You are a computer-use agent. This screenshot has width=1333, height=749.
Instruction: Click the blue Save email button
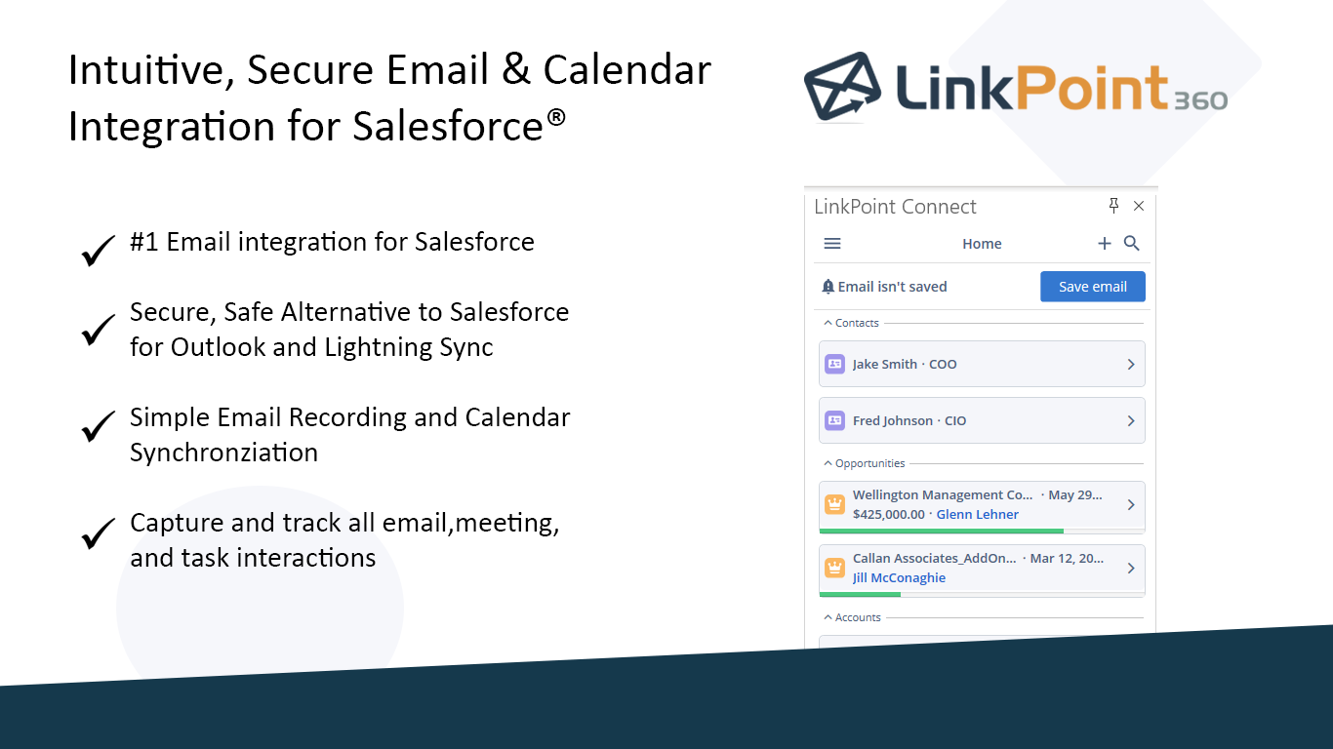(x=1093, y=287)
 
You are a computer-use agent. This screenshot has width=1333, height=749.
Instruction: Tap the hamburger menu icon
(x=832, y=243)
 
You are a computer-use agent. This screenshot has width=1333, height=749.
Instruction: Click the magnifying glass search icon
(x=1131, y=243)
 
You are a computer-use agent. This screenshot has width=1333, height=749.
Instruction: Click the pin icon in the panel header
(x=1113, y=206)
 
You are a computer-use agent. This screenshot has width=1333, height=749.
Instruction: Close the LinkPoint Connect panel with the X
(x=1139, y=206)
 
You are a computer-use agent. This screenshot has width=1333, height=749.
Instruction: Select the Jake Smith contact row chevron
(x=1131, y=364)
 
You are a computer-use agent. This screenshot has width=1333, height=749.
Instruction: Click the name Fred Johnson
(x=893, y=420)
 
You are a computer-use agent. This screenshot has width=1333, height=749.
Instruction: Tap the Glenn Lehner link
(x=977, y=514)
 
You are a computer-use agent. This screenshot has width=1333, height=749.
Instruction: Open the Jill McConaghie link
(x=899, y=577)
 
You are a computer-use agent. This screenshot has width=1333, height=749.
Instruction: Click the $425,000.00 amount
(x=888, y=514)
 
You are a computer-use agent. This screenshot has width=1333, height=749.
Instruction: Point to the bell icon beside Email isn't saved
(x=828, y=287)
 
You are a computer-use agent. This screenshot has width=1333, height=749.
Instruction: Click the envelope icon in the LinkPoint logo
(x=842, y=86)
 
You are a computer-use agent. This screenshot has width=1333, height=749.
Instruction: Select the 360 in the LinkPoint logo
(x=1201, y=100)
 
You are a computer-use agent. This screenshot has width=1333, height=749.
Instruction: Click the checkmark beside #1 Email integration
(x=99, y=250)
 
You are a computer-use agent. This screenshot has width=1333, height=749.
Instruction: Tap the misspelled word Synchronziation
(x=223, y=453)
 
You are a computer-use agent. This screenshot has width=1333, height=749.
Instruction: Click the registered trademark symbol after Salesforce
(x=556, y=117)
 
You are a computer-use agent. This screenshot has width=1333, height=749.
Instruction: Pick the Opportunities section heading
(x=869, y=463)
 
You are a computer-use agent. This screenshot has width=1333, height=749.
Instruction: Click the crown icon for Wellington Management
(x=834, y=504)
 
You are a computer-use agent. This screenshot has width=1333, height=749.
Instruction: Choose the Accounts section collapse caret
(x=828, y=617)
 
